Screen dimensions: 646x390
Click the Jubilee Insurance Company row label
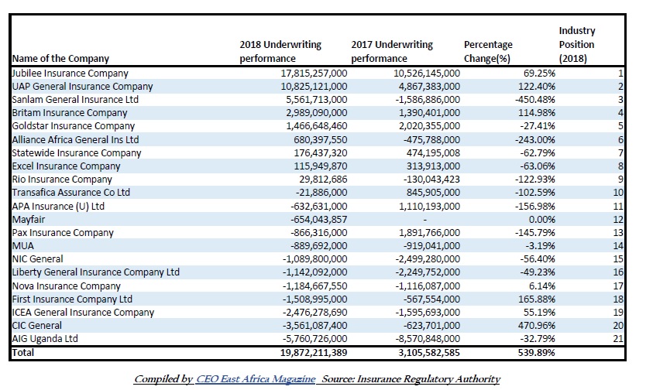[x=70, y=74]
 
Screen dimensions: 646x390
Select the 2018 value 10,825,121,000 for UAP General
[x=314, y=87]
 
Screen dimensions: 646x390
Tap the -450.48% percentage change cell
[x=534, y=100]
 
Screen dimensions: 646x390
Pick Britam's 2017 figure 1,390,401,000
[x=429, y=113]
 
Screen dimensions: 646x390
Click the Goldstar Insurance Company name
[x=74, y=126]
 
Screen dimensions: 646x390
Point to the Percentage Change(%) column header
[x=488, y=51]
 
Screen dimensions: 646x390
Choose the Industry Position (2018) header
[x=577, y=44]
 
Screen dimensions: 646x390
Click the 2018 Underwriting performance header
[x=280, y=51]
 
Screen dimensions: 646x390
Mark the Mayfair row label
[x=29, y=220]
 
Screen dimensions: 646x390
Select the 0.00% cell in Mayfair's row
[x=541, y=219]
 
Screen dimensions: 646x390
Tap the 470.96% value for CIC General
[x=537, y=326]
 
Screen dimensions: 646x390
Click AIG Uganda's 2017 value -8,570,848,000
[x=428, y=339]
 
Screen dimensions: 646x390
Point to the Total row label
[x=23, y=353]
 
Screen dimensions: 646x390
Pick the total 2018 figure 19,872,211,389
[x=314, y=353]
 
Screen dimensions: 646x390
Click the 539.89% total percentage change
[x=537, y=353]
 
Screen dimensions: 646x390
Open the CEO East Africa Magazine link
[x=256, y=379]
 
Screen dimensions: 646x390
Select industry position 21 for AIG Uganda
[x=618, y=339]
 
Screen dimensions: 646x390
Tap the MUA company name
[x=23, y=246]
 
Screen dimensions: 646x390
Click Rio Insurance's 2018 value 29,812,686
[x=323, y=180]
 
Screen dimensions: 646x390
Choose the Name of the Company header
[x=60, y=58]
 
